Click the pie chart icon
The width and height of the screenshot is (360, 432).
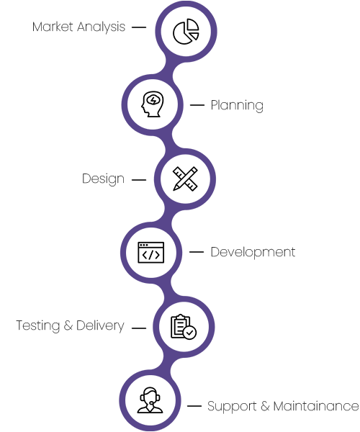point(186,32)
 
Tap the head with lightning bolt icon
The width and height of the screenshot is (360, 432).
point(153,104)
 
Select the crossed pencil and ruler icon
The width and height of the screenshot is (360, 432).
point(185,179)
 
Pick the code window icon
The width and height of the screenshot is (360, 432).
point(151,253)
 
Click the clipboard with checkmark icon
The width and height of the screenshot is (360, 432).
point(184,327)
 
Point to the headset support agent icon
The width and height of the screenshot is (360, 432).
point(150,400)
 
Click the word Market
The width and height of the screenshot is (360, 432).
point(53,27)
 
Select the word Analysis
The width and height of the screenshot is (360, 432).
point(101,27)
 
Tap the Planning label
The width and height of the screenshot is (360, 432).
point(237,106)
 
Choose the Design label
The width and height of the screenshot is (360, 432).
point(103,179)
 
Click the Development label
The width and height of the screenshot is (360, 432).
point(253,253)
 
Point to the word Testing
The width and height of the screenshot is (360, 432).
point(38,325)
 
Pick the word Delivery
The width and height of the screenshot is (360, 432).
point(100,325)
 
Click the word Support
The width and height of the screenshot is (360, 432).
point(232,407)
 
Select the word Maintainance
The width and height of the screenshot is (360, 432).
point(316,406)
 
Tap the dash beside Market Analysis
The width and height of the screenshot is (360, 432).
point(139,27)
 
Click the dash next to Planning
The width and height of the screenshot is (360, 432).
point(197,105)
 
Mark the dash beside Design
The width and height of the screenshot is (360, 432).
point(139,180)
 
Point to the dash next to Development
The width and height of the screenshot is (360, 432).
point(197,252)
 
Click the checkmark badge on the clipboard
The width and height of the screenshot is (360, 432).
point(189,333)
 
